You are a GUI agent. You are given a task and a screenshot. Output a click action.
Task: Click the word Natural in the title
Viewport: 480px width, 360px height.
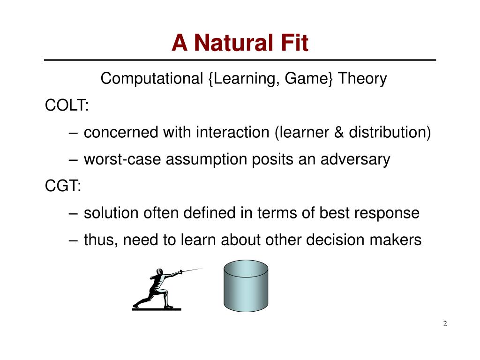[x=234, y=43]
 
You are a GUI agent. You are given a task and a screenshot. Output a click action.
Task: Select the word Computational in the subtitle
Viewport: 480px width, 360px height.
[x=152, y=79]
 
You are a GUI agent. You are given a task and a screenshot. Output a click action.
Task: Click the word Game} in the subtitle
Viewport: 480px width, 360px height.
[x=308, y=79]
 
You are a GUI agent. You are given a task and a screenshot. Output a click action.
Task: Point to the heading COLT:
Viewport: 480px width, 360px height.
[x=67, y=105]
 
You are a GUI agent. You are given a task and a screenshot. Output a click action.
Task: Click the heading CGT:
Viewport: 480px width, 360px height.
[x=63, y=186]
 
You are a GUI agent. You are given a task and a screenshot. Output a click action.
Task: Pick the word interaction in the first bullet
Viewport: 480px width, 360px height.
[x=232, y=132]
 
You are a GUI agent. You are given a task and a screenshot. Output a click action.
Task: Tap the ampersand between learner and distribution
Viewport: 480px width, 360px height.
[x=339, y=132]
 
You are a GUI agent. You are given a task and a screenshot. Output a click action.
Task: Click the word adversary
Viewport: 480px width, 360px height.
[x=355, y=159]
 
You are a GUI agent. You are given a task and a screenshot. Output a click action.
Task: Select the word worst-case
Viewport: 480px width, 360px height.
[x=122, y=159]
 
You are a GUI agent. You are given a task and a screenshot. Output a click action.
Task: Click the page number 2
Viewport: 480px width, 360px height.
[x=445, y=323]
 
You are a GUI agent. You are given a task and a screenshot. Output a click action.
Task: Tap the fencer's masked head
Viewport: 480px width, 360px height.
[x=159, y=272]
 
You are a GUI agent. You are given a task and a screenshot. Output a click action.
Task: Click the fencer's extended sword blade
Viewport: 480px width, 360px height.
[x=192, y=270]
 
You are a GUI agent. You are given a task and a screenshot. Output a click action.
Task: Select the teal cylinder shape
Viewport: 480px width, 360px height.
[x=246, y=286]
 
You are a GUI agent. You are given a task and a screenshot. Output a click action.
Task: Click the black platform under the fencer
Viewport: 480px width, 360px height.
[x=157, y=309]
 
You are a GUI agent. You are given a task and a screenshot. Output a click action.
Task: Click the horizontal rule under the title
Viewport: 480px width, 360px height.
[x=240, y=60]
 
